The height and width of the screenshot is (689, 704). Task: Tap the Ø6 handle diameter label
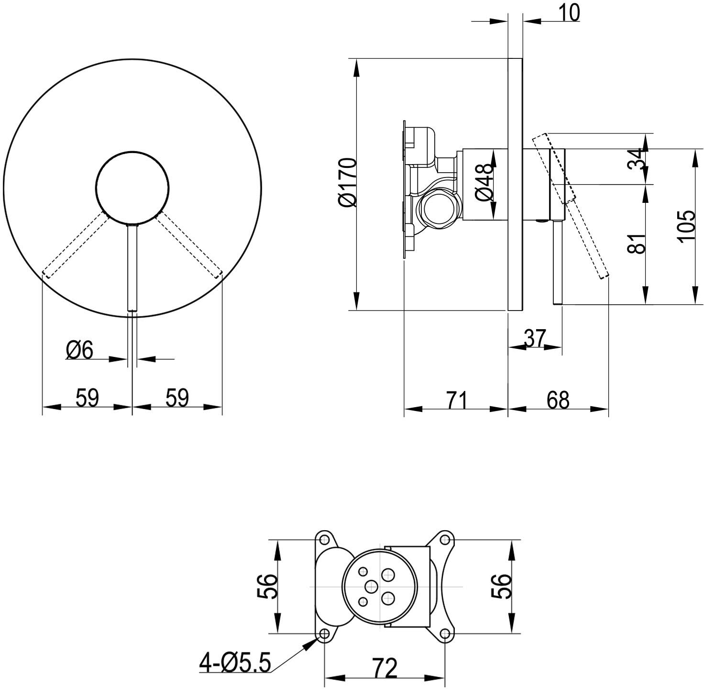pyautogui.click(x=79, y=350)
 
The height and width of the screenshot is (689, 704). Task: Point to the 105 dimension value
pyautogui.click(x=685, y=226)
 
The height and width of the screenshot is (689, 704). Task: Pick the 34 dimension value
pyautogui.click(x=637, y=158)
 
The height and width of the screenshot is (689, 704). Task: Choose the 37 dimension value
pyautogui.click(x=534, y=338)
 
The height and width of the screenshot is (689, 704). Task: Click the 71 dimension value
pyautogui.click(x=456, y=400)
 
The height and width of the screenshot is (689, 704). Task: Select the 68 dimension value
pyautogui.click(x=558, y=400)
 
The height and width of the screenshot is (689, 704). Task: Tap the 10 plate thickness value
pyautogui.click(x=569, y=12)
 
